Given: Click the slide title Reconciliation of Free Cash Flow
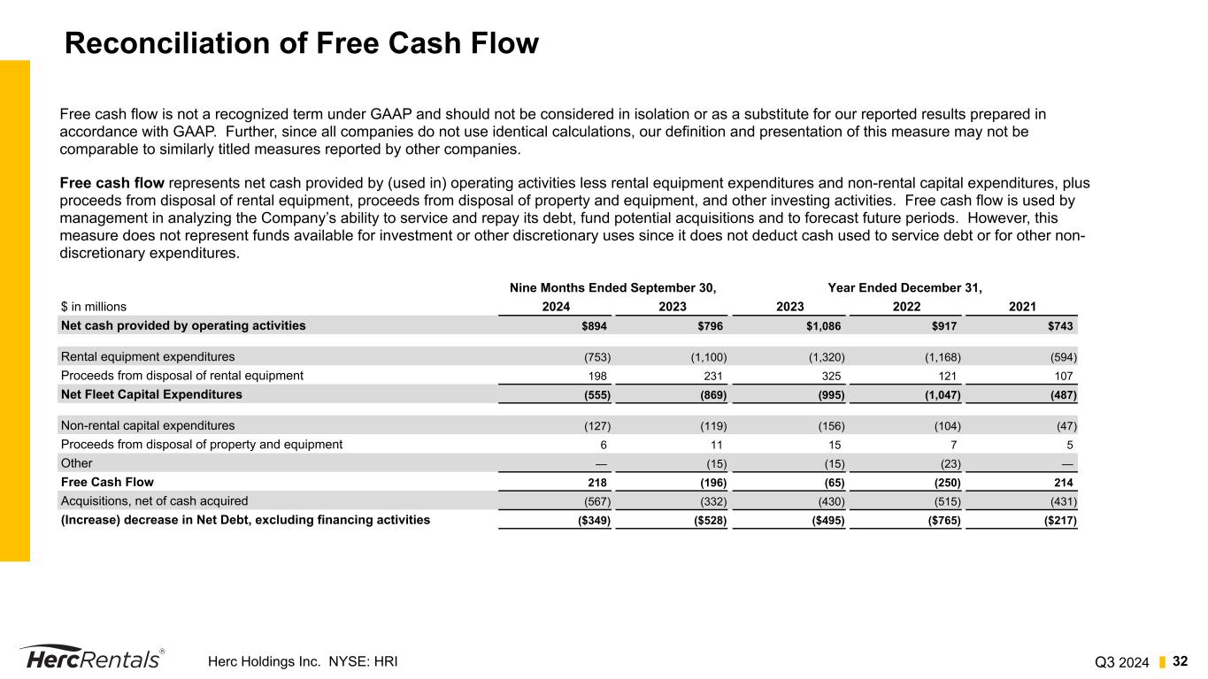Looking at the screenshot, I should [x=302, y=43].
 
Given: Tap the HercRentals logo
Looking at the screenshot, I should [x=91, y=658].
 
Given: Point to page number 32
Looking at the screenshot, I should [x=1180, y=660].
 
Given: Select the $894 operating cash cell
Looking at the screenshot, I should [x=595, y=325].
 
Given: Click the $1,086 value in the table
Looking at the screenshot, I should [x=821, y=325].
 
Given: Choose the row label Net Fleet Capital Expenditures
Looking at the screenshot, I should [x=151, y=394].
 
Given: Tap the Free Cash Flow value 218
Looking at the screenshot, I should [x=598, y=482].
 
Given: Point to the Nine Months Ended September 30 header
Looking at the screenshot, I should [x=612, y=287].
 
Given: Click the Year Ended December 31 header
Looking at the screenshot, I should [x=904, y=287].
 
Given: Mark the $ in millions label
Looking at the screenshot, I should [x=94, y=307].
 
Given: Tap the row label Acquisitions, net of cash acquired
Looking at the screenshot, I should [x=155, y=500].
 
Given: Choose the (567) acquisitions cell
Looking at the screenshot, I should [x=595, y=501].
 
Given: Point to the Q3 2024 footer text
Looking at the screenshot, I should [x=1121, y=661].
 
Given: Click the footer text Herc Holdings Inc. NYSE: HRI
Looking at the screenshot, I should [x=303, y=660].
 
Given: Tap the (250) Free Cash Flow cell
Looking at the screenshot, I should [x=944, y=483].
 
